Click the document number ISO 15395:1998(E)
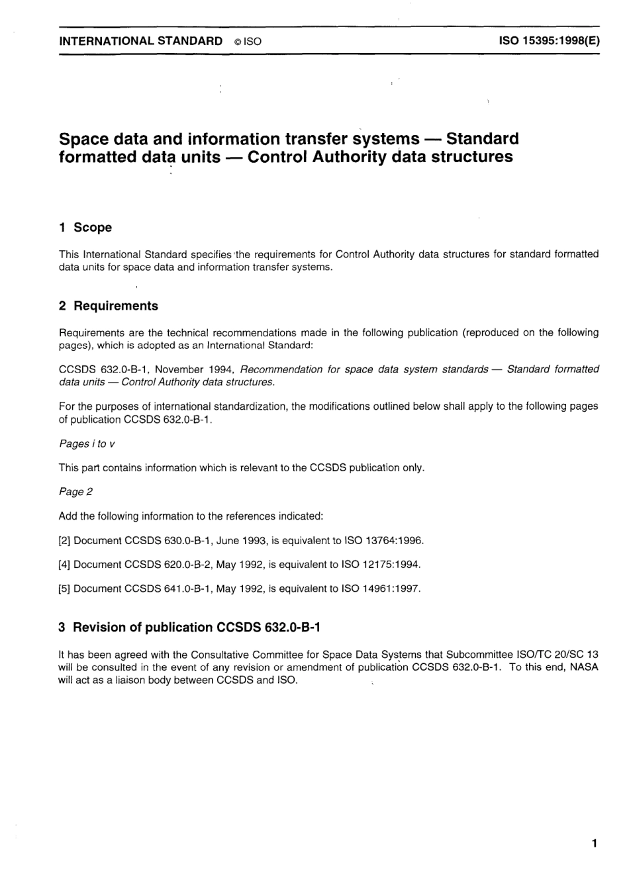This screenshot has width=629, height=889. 549,41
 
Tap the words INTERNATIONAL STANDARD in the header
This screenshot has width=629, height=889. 141,41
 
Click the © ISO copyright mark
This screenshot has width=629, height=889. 248,42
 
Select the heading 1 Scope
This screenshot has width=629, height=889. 85,228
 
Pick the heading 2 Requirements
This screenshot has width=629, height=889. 109,306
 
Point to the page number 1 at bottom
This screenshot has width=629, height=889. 594,843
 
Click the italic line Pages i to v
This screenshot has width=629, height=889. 87,444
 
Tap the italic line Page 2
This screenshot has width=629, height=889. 72,492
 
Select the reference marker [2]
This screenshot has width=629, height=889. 64,541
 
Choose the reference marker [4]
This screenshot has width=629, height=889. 64,565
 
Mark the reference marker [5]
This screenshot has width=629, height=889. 64,588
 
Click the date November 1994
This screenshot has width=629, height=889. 193,369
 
